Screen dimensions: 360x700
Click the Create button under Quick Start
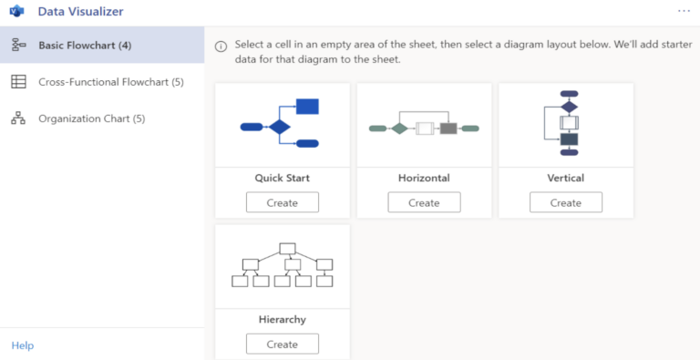[282, 202]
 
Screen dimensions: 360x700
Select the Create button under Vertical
[565, 202]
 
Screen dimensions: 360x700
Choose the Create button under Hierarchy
[282, 344]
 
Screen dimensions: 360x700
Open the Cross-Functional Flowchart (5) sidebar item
[110, 82]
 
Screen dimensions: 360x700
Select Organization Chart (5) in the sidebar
[91, 118]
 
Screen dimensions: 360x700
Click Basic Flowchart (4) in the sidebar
[85, 46]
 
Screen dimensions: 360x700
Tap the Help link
[22, 345]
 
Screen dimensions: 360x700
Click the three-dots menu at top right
[684, 11]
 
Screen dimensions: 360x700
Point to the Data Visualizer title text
[80, 12]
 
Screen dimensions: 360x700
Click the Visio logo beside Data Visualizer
[16, 12]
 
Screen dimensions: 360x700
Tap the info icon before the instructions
[221, 46]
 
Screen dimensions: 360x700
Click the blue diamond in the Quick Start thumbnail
[279, 127]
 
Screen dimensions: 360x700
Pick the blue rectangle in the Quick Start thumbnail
[307, 107]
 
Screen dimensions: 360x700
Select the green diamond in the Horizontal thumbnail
[399, 129]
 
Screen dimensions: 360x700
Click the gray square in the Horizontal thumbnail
[448, 129]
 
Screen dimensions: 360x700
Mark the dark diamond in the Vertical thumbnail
[569, 107]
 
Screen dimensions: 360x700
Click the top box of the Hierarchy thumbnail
[287, 248]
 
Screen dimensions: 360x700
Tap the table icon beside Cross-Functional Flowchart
[18, 82]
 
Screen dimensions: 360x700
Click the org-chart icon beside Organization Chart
[18, 118]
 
